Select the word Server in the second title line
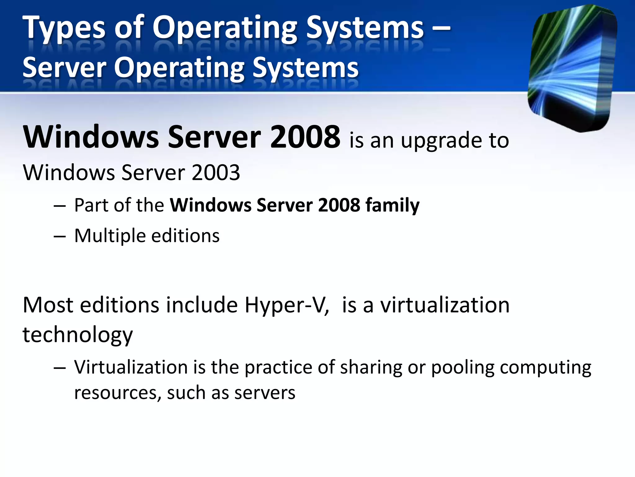pos(64,68)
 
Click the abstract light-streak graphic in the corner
pos(572,68)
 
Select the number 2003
pos(216,173)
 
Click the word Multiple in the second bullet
pos(110,236)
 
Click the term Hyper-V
pos(286,305)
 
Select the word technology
pos(78,335)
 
